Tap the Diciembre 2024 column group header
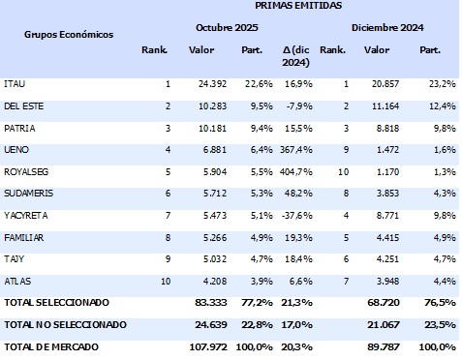click(392, 28)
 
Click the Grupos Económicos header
click(69, 34)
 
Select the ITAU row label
click(15, 85)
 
